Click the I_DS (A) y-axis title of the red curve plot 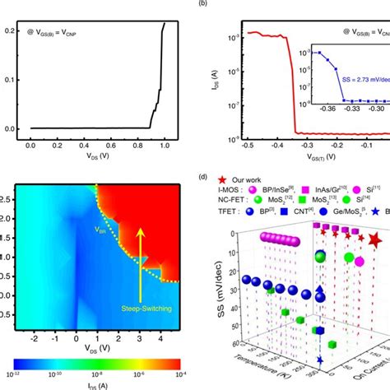pos(223,82)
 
